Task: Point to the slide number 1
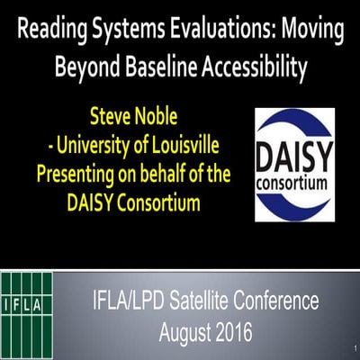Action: point(355,347)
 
